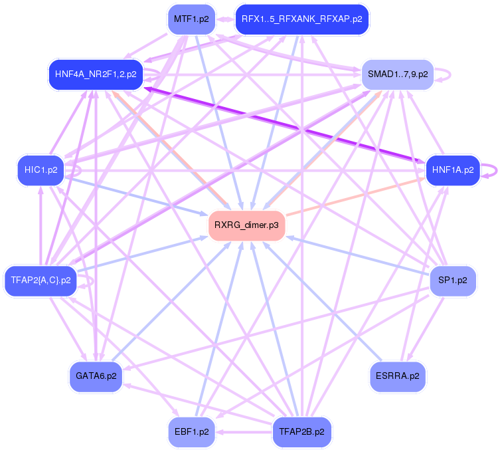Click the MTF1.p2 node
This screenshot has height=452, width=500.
click(191, 19)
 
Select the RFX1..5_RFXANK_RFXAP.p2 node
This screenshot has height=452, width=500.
click(301, 19)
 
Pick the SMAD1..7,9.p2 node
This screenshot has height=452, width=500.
click(397, 74)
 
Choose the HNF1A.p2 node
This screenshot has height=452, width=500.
click(452, 169)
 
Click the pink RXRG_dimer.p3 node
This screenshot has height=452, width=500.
click(246, 225)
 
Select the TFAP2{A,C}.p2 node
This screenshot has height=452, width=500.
click(41, 280)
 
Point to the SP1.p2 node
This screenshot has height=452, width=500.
click(452, 280)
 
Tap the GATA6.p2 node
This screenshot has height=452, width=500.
click(96, 376)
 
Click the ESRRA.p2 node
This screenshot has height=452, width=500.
click(397, 376)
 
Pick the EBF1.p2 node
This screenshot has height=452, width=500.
click(191, 431)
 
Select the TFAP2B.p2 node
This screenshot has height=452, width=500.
click(301, 431)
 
